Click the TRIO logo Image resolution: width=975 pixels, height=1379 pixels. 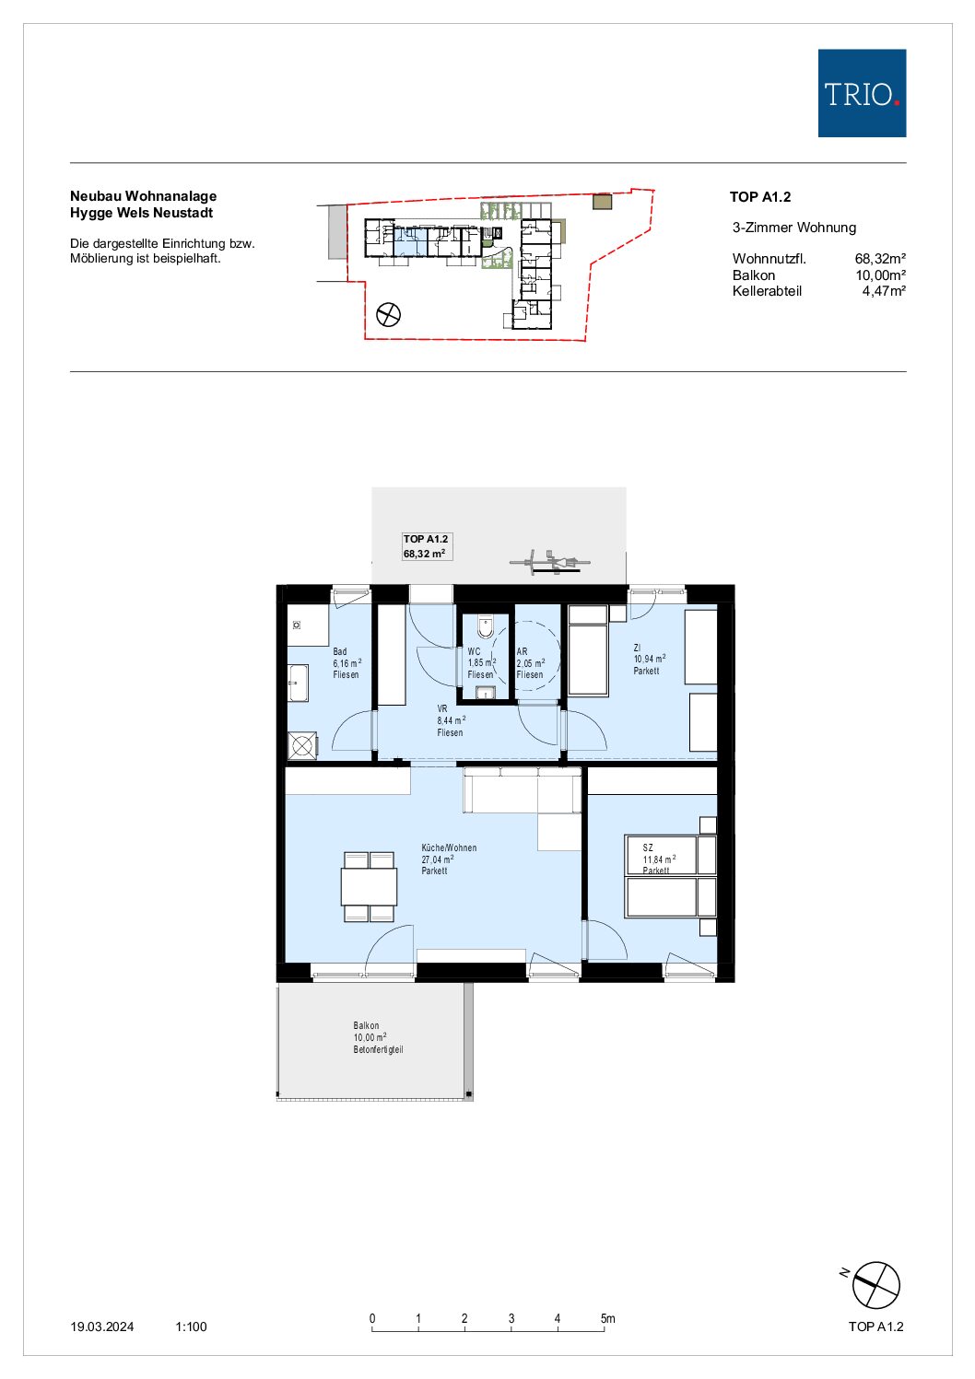point(862,93)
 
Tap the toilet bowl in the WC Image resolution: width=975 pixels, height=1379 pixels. point(486,627)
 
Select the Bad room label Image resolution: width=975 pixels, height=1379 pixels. point(347,663)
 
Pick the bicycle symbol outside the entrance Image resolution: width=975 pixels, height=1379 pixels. point(549,562)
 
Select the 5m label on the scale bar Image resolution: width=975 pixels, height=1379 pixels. point(607,1318)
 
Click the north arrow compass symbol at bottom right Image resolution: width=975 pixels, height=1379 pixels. point(875,1285)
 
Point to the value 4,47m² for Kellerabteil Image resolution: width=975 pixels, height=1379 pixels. point(884,291)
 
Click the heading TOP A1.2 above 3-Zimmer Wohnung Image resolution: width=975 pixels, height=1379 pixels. point(760,197)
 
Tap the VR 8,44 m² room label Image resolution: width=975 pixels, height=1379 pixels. point(451,721)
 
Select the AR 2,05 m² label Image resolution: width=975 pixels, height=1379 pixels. point(530,663)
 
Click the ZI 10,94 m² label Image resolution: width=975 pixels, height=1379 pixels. point(649,660)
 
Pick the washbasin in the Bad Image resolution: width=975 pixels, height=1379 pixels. point(298,683)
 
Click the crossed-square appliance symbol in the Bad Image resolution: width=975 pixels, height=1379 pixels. point(302,746)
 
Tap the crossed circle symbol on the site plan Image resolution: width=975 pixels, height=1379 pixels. point(388,315)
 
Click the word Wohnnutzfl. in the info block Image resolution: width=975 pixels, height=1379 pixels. point(769,259)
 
